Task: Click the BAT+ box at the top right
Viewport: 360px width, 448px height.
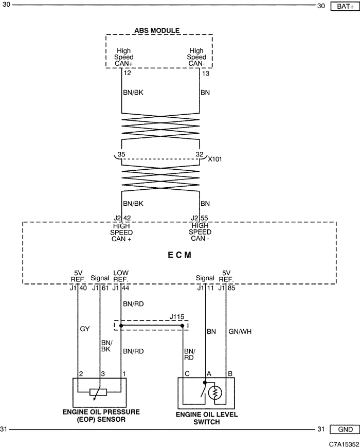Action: coord(345,6)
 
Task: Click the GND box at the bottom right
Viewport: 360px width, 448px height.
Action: coord(345,429)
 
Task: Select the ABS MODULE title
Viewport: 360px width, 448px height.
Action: coord(157,30)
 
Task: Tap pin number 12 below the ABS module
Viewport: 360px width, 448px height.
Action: coord(127,73)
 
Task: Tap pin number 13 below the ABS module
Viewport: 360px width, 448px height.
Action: coord(206,74)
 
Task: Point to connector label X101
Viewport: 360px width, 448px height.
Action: coord(214,159)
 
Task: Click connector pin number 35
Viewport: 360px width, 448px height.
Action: coord(121,154)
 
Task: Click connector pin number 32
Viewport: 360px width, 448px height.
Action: coord(200,154)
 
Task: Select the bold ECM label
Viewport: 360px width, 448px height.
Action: coord(179,255)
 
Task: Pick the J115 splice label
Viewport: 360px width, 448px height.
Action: coord(177,316)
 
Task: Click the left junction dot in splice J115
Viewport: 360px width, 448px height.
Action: coord(121,326)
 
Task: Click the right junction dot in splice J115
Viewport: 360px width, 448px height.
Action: coord(182,326)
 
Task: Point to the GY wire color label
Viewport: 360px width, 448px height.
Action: coord(85,329)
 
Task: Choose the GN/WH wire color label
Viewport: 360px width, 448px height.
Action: coord(240,332)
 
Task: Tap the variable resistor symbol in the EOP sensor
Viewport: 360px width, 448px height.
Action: coord(98,392)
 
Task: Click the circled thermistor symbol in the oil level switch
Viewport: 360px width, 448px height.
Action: coord(215,393)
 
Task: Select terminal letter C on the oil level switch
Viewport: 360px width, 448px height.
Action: coord(187,374)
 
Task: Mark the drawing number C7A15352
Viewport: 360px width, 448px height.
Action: coord(344,444)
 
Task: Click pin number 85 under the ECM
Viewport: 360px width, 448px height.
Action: coord(231,288)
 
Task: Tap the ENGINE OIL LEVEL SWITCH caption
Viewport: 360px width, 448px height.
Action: coord(207,418)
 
